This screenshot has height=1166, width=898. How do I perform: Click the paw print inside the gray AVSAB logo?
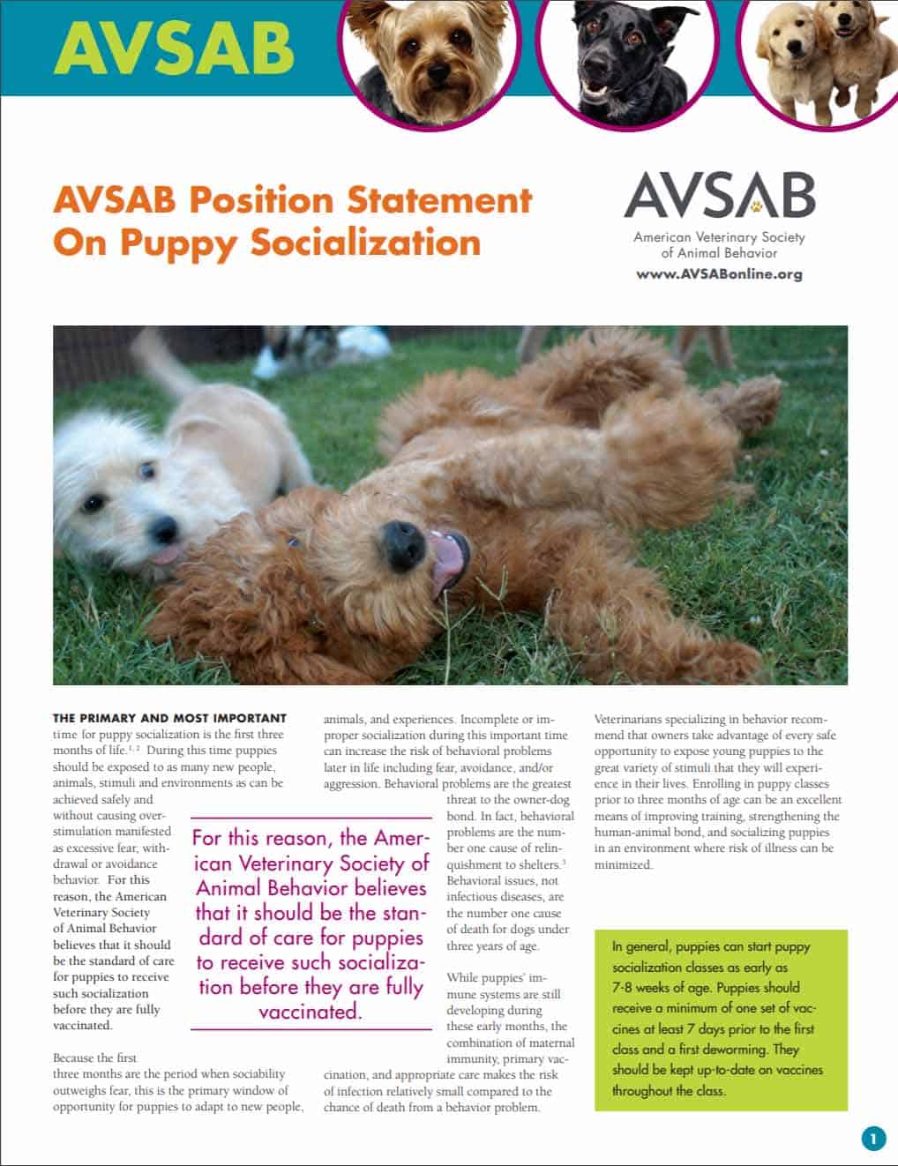point(757,206)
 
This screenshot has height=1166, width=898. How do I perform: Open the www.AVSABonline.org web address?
point(719,273)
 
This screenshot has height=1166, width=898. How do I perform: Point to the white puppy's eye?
point(94,503)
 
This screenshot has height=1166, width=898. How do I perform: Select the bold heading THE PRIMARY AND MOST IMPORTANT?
point(169,718)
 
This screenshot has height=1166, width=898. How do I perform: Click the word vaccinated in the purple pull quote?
point(310,1011)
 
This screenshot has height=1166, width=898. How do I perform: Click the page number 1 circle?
point(872,1139)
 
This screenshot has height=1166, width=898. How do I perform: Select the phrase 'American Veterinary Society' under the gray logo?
point(719,236)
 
